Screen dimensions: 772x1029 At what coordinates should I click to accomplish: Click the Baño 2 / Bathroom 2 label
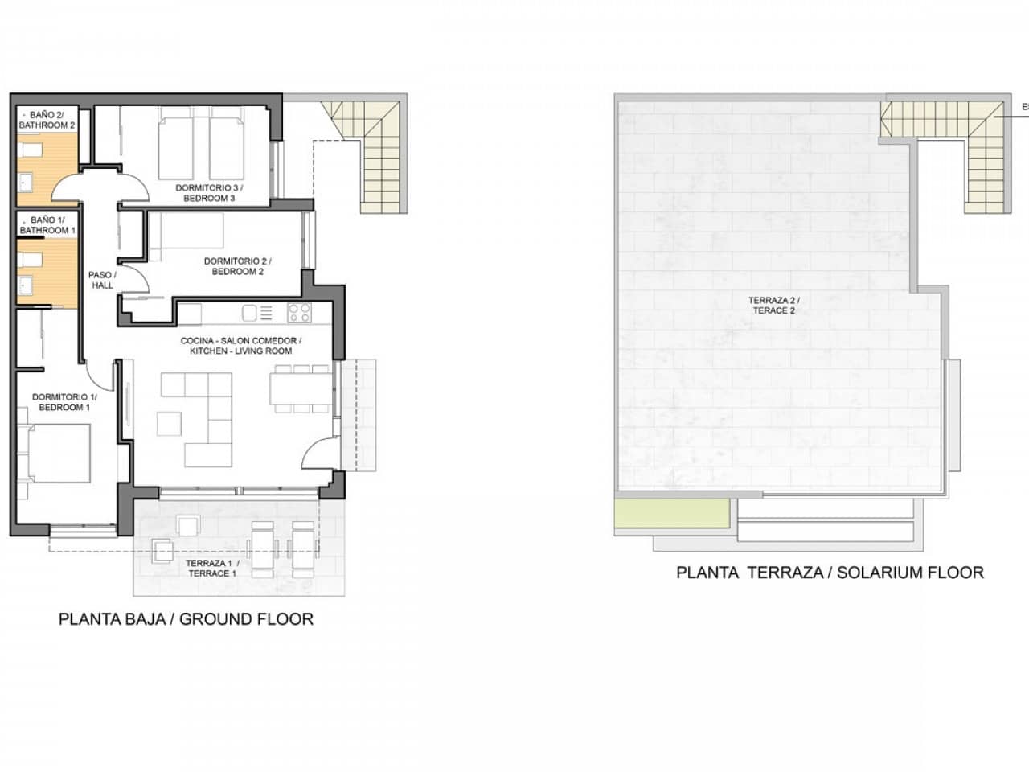pos(47,120)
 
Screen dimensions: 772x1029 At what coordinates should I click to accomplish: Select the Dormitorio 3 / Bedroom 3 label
pos(209,193)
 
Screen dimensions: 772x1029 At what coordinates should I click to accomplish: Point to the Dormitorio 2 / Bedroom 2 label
pos(237,266)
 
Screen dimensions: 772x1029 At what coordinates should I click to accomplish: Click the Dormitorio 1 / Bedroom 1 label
pos(64,402)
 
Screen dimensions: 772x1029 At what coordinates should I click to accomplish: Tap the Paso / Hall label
pos(102,280)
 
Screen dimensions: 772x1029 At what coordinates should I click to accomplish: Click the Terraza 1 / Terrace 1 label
pos(212,568)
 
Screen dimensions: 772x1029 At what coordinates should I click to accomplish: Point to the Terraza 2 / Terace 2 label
pos(775,305)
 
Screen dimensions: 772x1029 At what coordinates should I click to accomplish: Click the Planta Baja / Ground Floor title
pos(186,618)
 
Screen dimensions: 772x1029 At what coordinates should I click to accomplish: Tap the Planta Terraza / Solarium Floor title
pos(830,573)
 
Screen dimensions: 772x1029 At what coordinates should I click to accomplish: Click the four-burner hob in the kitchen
pos(299,313)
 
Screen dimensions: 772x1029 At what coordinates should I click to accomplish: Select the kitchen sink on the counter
pos(250,313)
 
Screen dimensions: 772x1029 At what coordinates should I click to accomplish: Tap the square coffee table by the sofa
pos(169,423)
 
